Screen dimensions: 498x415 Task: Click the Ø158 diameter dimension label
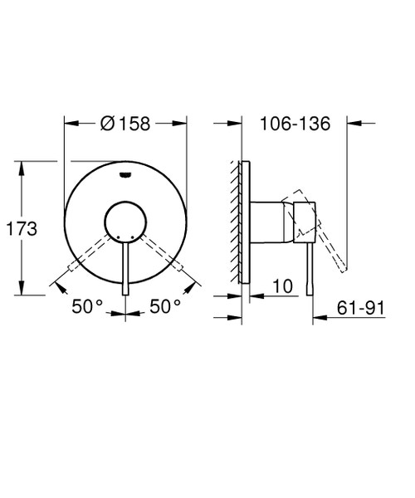(x=124, y=124)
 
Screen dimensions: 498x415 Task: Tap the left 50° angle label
(x=86, y=306)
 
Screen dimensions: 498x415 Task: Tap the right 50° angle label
(x=165, y=306)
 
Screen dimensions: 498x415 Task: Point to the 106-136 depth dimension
(x=295, y=124)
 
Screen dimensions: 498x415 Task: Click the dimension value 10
(x=283, y=286)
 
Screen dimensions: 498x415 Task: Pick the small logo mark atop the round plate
(x=124, y=174)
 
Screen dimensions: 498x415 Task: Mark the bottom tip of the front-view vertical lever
(x=124, y=293)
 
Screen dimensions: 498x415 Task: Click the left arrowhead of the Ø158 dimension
(x=69, y=124)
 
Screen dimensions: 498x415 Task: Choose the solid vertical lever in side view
(x=310, y=270)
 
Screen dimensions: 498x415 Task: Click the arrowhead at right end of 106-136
(x=353, y=124)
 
